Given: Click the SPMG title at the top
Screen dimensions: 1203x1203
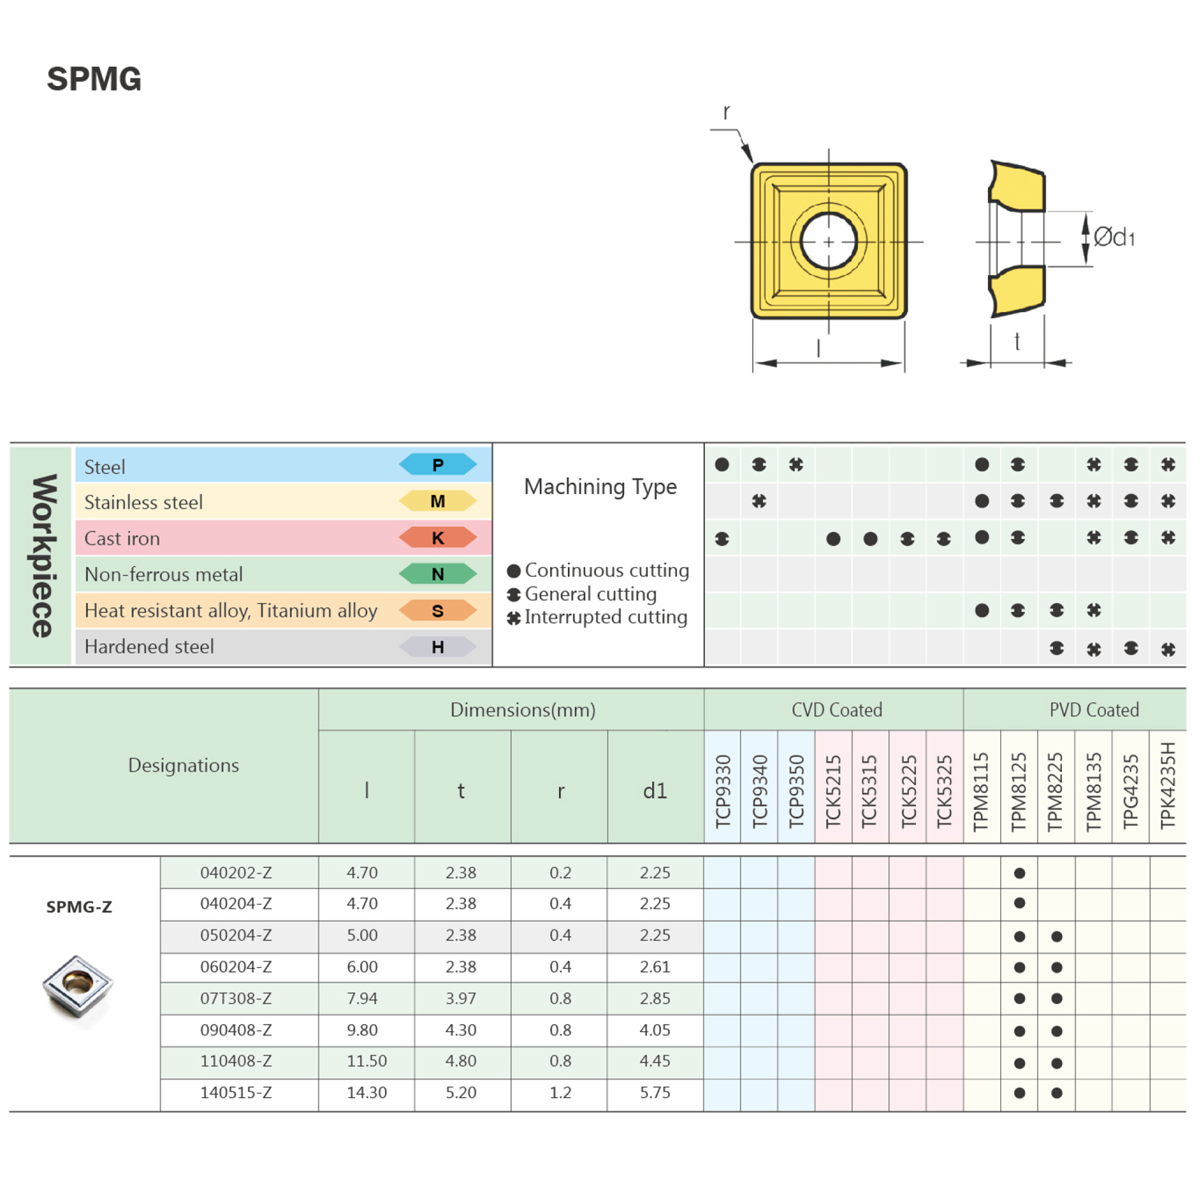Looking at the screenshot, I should click(94, 79).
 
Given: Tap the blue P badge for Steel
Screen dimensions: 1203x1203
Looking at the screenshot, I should click(438, 464).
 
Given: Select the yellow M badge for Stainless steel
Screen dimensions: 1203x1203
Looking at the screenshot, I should click(438, 501).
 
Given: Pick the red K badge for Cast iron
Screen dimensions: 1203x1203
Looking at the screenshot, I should click(438, 538).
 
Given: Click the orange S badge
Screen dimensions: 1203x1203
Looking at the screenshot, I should click(438, 611).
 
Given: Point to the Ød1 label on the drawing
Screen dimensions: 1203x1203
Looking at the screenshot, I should click(1114, 237).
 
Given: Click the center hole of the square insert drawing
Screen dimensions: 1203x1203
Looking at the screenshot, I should click(828, 241).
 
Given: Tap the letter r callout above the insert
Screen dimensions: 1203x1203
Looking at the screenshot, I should click(727, 112).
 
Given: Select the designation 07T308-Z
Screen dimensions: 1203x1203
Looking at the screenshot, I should click(236, 998).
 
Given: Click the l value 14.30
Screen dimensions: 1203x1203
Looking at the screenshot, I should click(367, 1092).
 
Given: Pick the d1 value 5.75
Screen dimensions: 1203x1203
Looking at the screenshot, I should click(654, 1092).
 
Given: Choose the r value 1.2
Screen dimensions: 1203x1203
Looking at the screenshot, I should click(560, 1092).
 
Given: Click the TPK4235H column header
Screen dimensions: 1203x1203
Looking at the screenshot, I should click(1168, 785).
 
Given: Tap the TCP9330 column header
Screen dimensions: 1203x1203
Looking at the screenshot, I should click(723, 790).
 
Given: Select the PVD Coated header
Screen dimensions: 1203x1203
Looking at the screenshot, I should click(1094, 710).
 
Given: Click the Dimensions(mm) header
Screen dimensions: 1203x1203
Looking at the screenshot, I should click(523, 710).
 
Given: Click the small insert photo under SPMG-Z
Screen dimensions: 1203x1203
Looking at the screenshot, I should click(78, 986).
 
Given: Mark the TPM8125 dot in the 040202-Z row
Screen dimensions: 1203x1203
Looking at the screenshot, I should click(1019, 873).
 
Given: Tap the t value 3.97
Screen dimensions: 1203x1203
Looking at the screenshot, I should click(461, 998).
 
